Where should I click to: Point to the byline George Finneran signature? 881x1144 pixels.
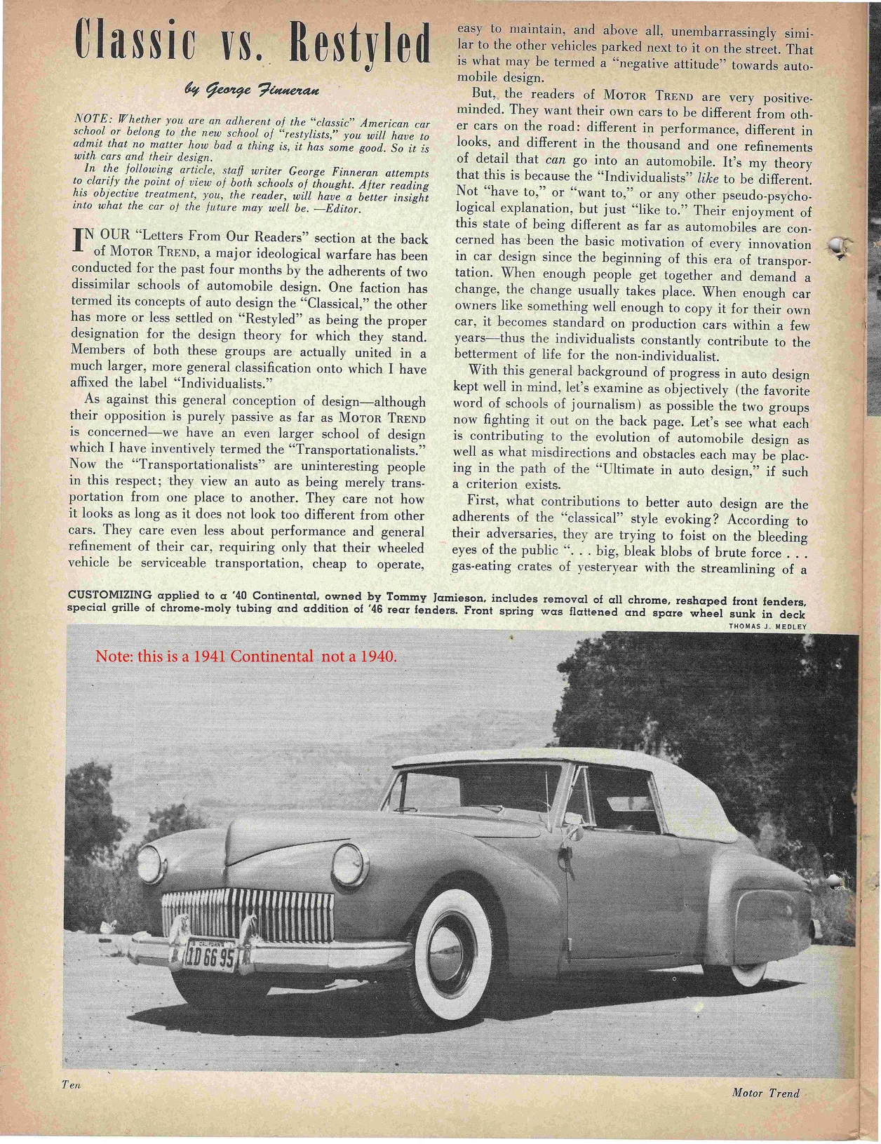[x=253, y=89]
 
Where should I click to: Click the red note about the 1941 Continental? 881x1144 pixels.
[x=246, y=657]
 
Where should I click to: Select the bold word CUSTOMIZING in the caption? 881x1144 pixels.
[x=109, y=595]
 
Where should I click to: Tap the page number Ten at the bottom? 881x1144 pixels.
[x=72, y=1103]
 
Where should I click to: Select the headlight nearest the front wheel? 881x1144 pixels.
[x=349, y=864]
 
